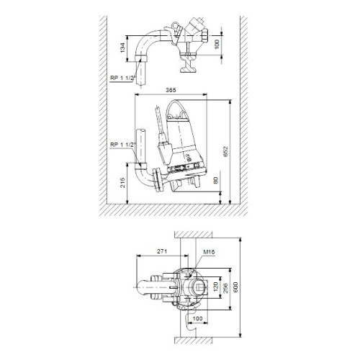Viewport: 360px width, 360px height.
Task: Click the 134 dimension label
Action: (x=122, y=48)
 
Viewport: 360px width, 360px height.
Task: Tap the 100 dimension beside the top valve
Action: (x=217, y=45)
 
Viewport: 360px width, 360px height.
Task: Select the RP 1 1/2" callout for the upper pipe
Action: (x=122, y=78)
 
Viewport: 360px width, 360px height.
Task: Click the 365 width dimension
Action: (x=171, y=90)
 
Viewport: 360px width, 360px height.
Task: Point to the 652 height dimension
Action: (x=225, y=151)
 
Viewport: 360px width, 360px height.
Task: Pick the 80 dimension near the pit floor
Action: (x=215, y=180)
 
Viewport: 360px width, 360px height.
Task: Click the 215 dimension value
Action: (x=122, y=183)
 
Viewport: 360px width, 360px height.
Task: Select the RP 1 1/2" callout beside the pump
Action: (x=122, y=145)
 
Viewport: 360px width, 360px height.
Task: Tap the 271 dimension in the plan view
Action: (x=162, y=251)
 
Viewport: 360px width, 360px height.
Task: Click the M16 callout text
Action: (x=209, y=252)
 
